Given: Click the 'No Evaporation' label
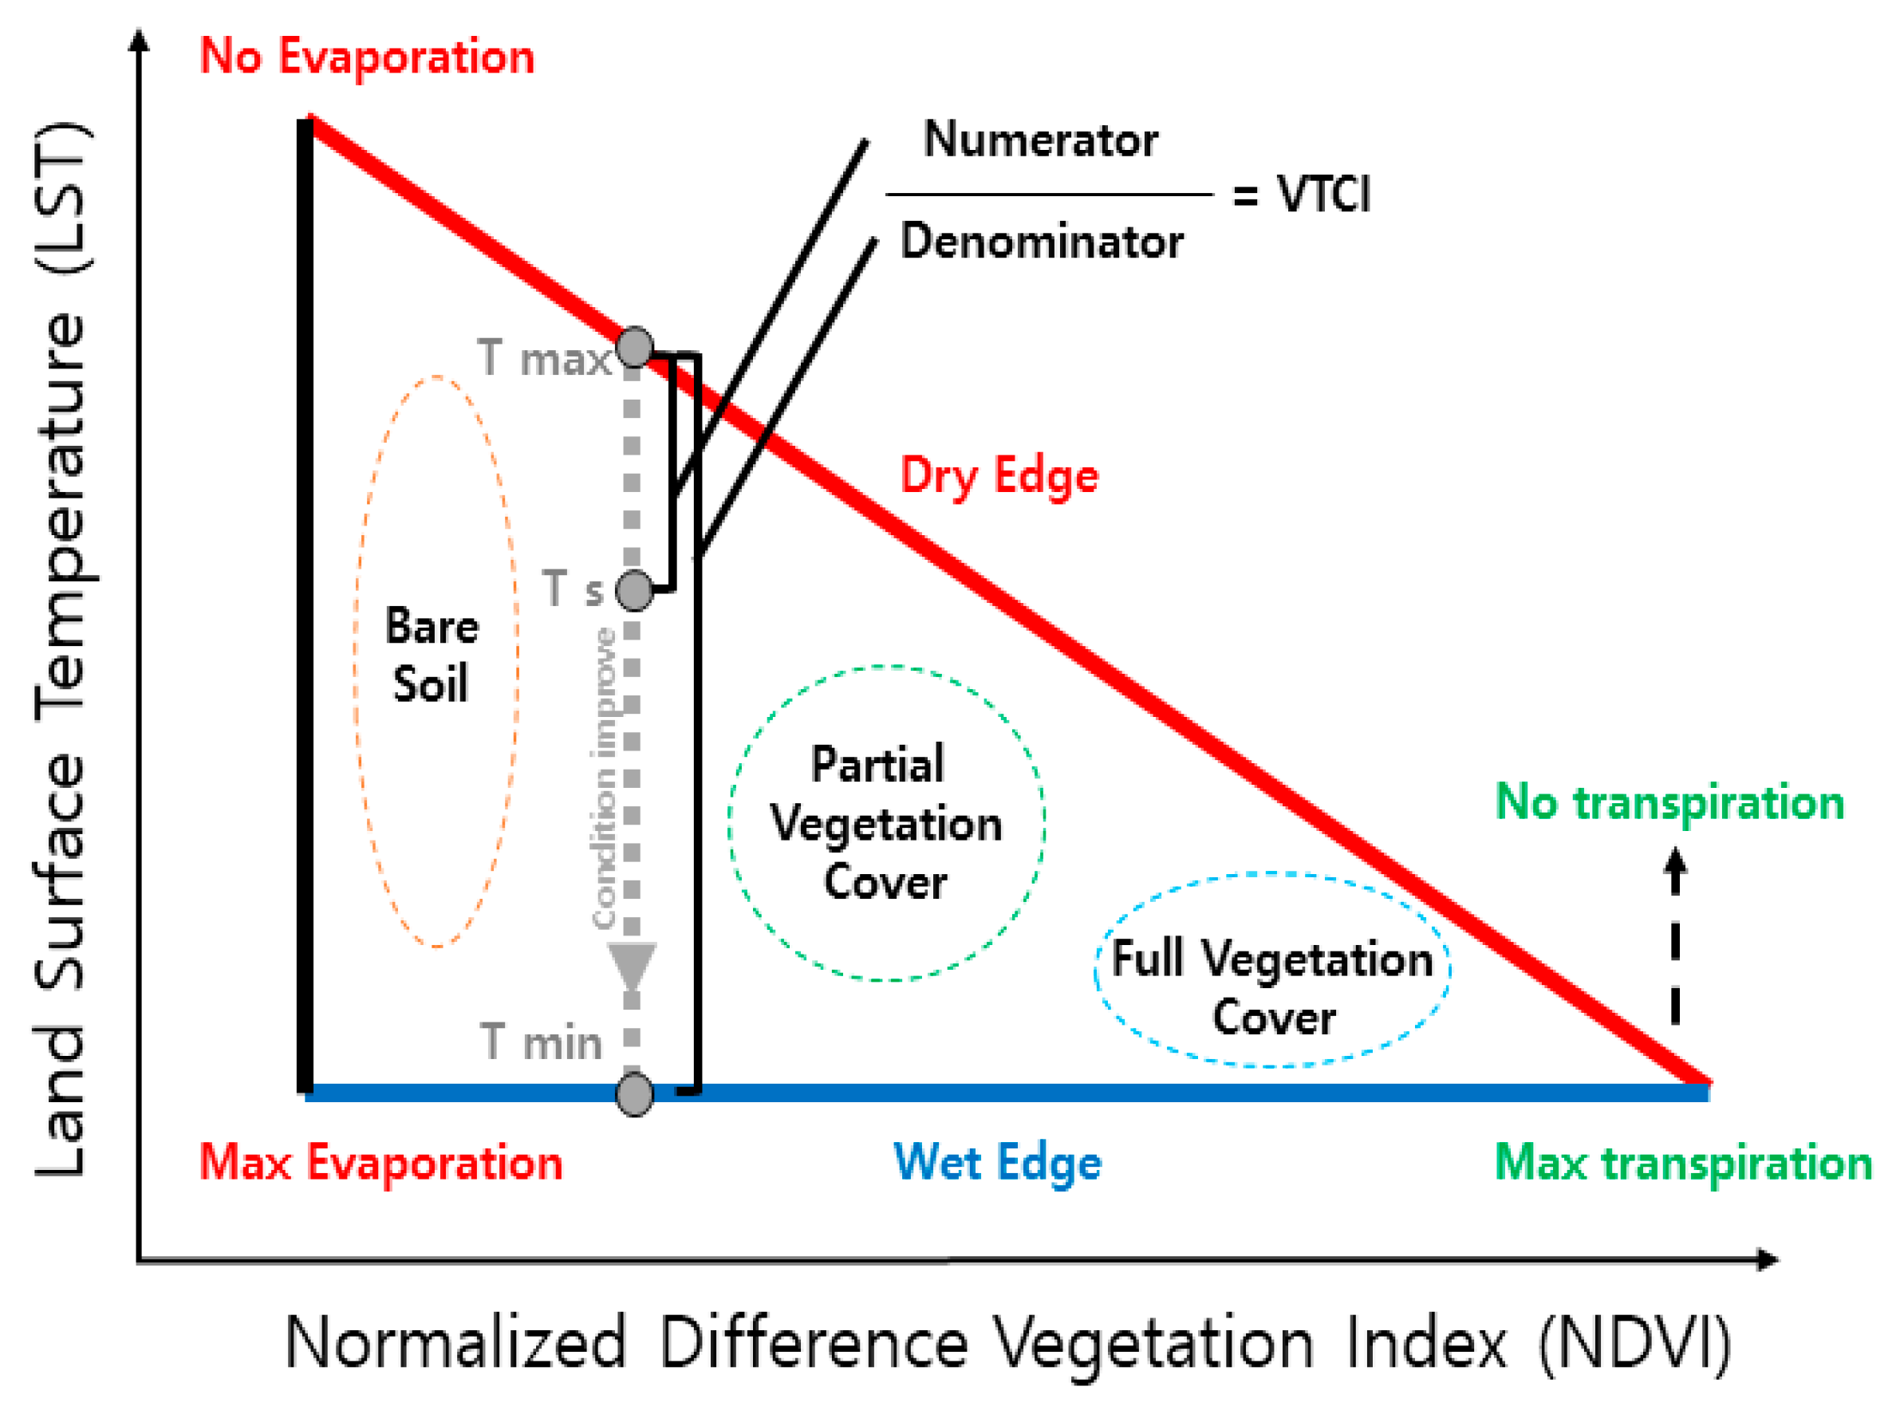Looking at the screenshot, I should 366,57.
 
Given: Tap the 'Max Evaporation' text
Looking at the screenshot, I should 380,1163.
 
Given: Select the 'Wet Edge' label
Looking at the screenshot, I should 997,1163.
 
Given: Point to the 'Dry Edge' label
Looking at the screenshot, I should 999,475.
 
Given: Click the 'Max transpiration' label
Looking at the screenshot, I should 1682,1163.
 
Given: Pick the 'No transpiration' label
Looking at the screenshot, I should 1669,802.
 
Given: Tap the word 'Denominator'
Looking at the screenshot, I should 1042,242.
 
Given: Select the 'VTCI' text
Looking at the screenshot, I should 1323,194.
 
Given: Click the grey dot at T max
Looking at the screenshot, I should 634,348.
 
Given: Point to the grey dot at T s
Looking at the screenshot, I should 634,590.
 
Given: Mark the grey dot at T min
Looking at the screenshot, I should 634,1094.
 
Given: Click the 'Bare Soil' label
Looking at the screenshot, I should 432,655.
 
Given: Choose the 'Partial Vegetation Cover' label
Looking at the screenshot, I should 885,824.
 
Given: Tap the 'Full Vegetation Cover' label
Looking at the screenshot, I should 1272,987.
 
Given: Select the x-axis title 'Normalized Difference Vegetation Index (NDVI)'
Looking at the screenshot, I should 1007,1342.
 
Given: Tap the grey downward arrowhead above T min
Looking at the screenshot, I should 632,966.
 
